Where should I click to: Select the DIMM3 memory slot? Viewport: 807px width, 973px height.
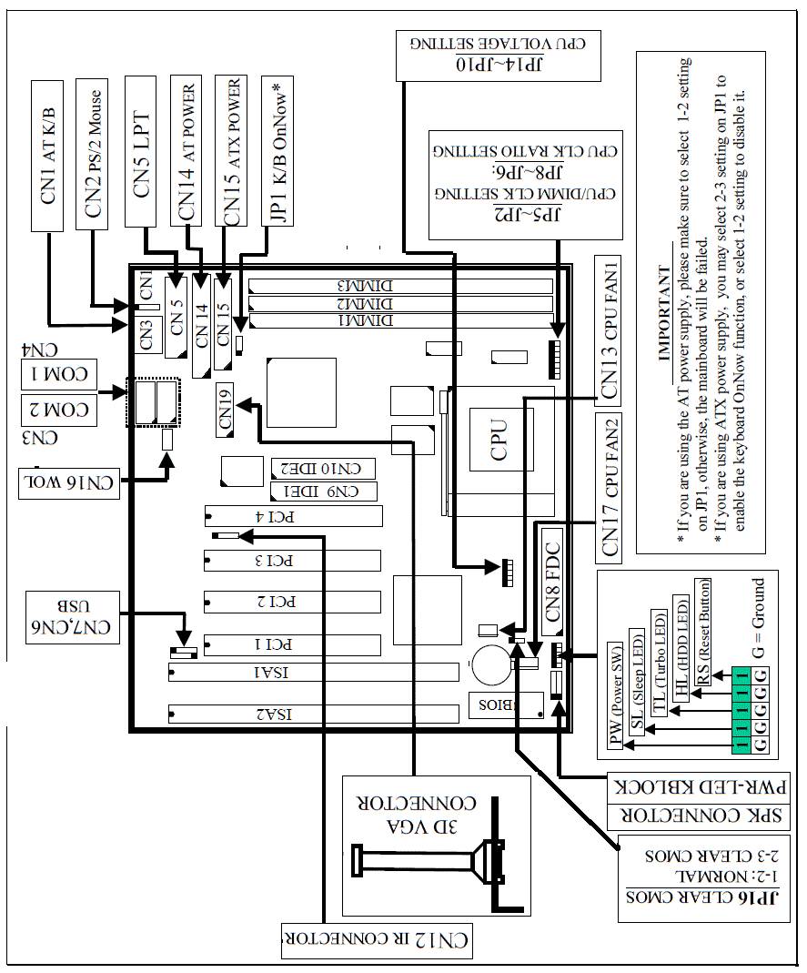400,285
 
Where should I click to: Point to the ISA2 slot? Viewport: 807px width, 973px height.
313,712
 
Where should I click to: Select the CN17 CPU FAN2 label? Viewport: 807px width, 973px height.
609,485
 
